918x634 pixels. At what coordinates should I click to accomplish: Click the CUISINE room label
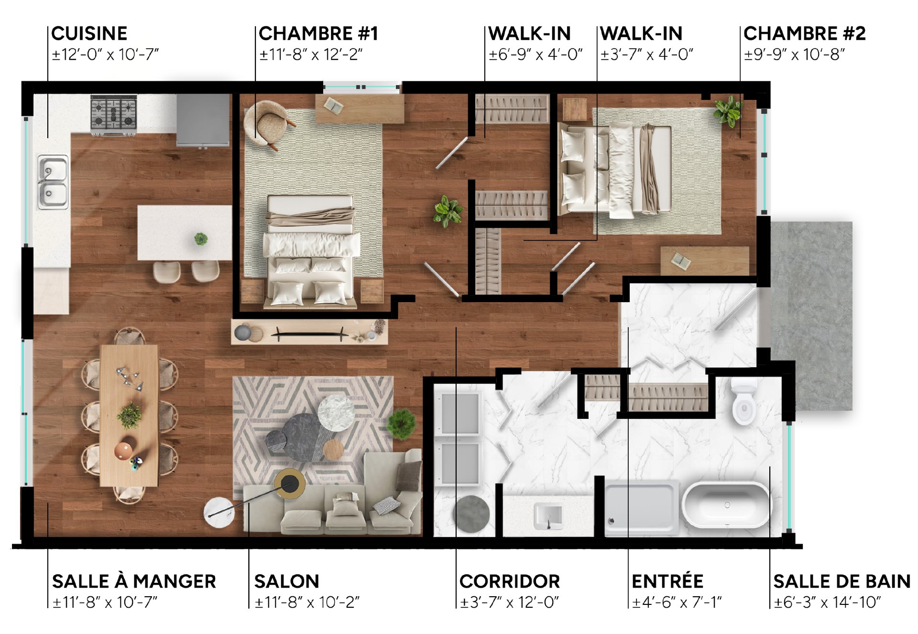89,33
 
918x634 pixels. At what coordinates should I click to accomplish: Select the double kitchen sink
53,182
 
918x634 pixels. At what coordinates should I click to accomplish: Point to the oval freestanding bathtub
726,505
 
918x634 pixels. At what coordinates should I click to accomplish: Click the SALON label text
287,581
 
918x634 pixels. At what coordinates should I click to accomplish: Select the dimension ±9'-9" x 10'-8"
795,55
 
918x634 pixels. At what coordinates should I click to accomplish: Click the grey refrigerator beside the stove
203,120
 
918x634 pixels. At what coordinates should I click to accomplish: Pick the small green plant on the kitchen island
201,239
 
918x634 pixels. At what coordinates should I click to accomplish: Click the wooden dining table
129,415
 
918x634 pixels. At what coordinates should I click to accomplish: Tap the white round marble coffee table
336,413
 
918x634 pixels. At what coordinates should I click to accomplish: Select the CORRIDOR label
510,581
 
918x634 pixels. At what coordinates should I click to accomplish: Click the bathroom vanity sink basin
548,515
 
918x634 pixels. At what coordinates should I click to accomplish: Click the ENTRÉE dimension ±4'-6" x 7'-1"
677,602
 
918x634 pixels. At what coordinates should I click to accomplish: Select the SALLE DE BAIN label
842,581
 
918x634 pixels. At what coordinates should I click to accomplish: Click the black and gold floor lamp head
290,484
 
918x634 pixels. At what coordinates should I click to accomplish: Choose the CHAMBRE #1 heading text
318,33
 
